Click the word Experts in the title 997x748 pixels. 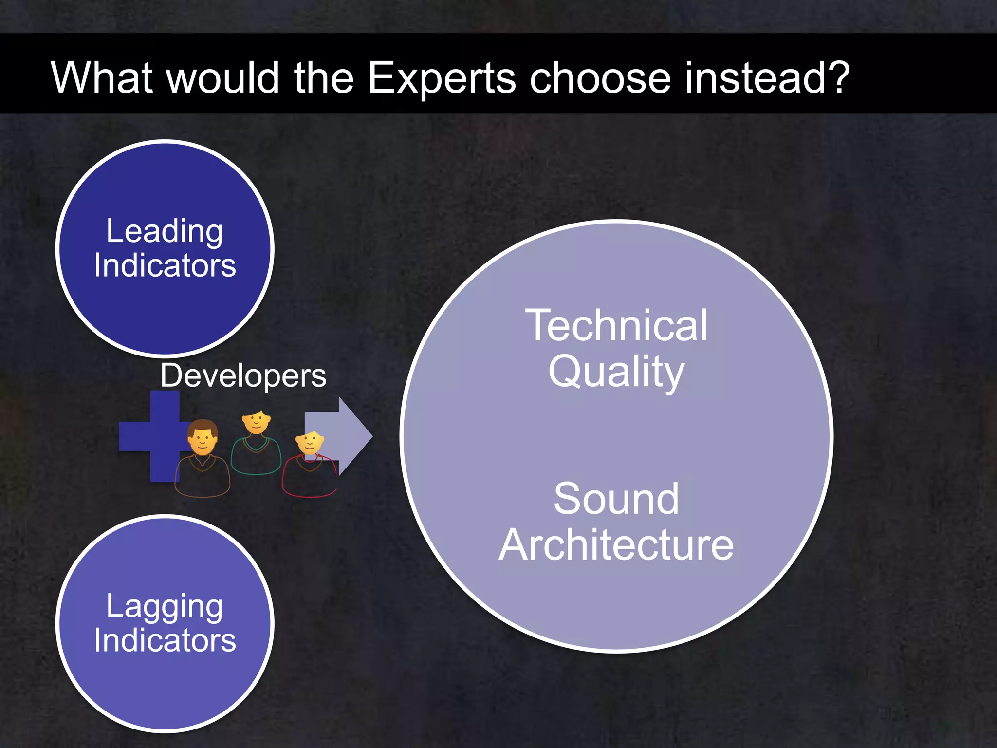pos(441,78)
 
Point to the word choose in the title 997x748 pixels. pos(600,78)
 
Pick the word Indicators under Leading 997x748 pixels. pos(165,265)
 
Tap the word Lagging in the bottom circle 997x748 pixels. pos(165,607)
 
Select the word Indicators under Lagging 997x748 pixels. pos(165,640)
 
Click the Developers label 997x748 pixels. pos(243,376)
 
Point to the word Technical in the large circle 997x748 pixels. pos(616,325)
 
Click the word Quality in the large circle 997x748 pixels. pos(616,372)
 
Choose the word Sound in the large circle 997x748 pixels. pos(616,499)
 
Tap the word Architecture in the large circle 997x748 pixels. pos(616,545)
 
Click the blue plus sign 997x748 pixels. pos(146,436)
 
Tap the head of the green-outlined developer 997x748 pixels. pos(257,422)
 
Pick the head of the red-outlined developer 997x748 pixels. pos(310,442)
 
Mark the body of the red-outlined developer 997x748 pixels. pos(309,477)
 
